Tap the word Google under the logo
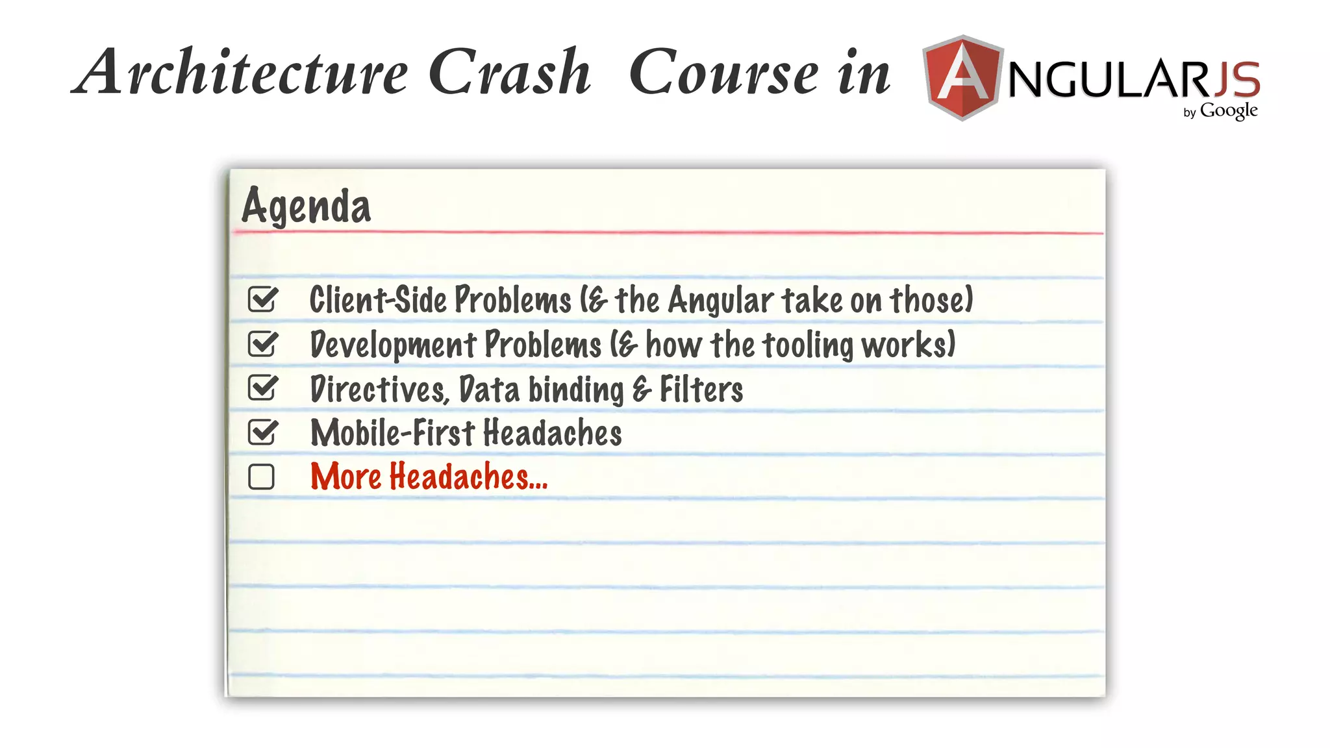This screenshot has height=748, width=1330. pyautogui.click(x=1229, y=111)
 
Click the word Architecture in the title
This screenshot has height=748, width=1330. pyautogui.click(x=240, y=73)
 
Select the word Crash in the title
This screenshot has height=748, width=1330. pyautogui.click(x=510, y=73)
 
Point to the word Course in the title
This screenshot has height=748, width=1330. pyautogui.click(x=723, y=73)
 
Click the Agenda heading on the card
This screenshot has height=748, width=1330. pyautogui.click(x=306, y=206)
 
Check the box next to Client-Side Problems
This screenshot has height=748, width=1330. pyautogui.click(x=262, y=299)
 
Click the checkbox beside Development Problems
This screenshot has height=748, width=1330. pyautogui.click(x=262, y=344)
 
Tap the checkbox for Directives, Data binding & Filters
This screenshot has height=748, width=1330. pyautogui.click(x=262, y=388)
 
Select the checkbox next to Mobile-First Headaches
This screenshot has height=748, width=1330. pyautogui.click(x=262, y=432)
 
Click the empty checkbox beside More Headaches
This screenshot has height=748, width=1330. pyautogui.click(x=261, y=477)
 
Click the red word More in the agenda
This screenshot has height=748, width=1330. pyautogui.click(x=345, y=477)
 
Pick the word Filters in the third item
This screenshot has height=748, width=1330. pyautogui.click(x=701, y=390)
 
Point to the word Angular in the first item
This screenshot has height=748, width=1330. pyautogui.click(x=721, y=301)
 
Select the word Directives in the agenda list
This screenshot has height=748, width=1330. pyautogui.click(x=379, y=390)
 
